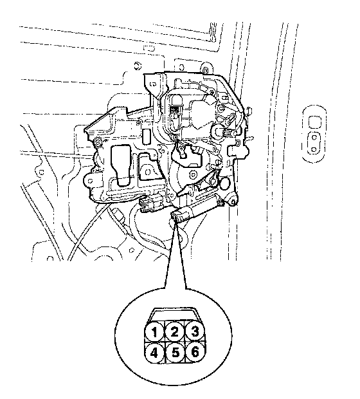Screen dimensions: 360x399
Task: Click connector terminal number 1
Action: point(154,331)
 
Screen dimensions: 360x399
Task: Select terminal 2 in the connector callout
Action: point(174,331)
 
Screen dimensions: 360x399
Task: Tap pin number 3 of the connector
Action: point(195,331)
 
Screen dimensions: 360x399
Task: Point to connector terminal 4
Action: point(154,353)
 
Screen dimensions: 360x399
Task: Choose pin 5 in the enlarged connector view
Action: point(175,353)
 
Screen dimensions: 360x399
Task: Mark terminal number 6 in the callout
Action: point(195,352)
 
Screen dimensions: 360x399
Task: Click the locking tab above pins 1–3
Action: point(175,314)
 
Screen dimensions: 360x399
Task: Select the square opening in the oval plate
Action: point(314,122)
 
